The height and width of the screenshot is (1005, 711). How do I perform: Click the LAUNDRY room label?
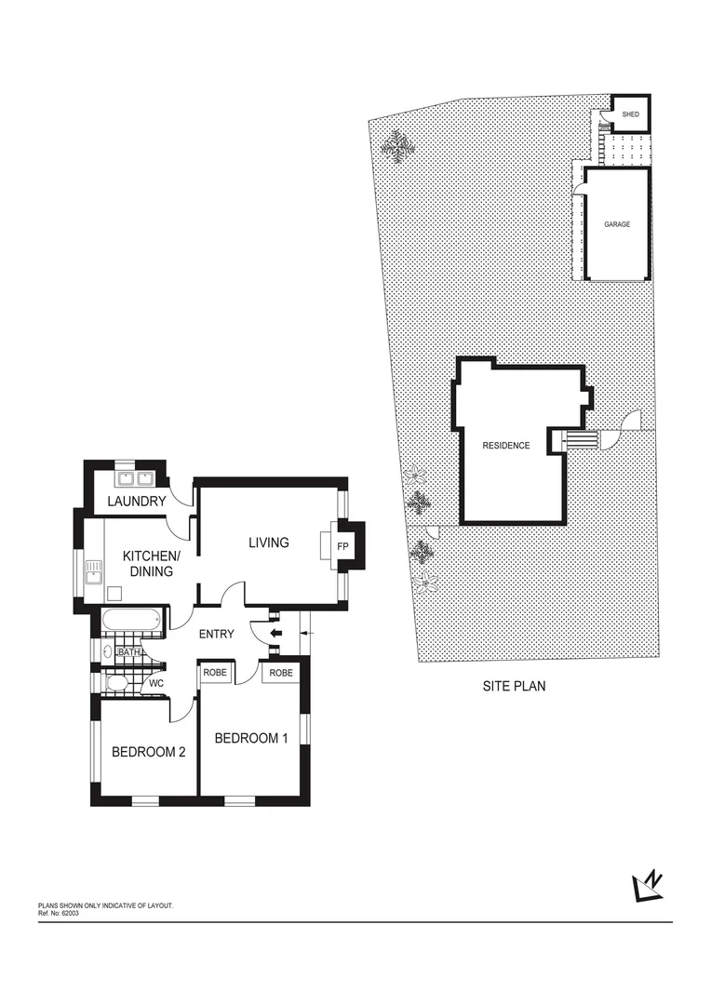136,502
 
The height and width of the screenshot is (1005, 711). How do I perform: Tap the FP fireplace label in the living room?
342,546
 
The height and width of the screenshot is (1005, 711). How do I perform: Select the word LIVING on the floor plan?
268,543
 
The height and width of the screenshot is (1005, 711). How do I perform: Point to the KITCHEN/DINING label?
148,564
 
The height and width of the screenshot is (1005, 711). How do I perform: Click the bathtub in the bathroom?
130,622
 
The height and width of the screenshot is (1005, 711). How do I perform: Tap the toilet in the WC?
116,683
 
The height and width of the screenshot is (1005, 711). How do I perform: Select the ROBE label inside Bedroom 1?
280,672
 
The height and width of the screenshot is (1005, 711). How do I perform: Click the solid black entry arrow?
275,635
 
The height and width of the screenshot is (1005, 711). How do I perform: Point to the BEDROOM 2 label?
148,752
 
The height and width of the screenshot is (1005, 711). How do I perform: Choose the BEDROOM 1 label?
251,738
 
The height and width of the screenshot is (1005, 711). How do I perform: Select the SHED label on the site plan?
630,114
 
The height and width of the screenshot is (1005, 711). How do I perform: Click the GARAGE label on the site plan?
617,224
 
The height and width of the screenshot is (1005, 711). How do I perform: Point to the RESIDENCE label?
505,446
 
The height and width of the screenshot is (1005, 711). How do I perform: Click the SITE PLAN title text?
513,687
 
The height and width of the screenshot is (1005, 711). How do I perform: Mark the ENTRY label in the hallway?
215,635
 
